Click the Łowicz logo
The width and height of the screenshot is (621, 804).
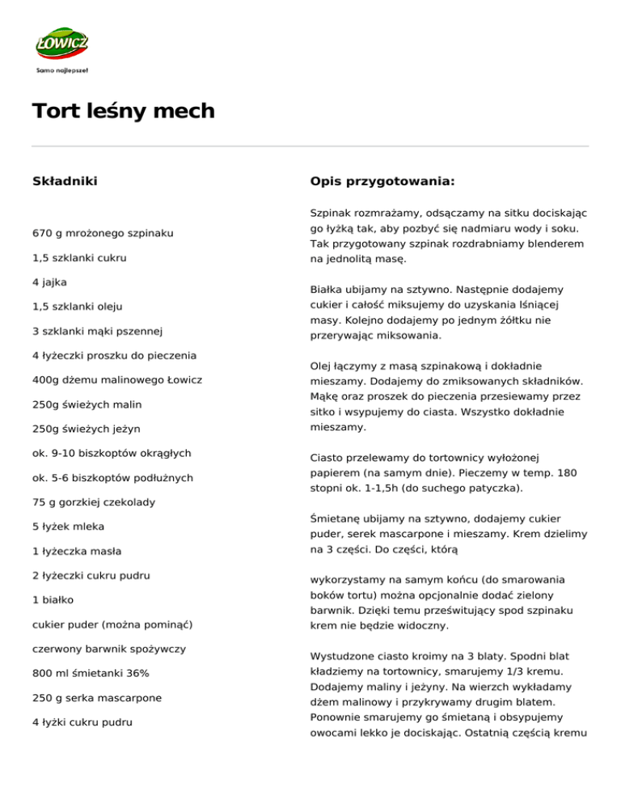point(62,44)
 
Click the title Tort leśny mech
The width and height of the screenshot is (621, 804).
point(124,111)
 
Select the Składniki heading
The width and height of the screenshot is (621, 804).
point(65,180)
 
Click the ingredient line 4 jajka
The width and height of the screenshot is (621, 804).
point(50,282)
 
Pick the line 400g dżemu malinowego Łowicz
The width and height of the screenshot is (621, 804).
point(117,379)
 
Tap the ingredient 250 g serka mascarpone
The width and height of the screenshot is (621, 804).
point(97,696)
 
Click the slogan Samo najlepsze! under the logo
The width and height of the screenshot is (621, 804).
point(62,70)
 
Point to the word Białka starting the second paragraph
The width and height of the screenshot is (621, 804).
point(330,289)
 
